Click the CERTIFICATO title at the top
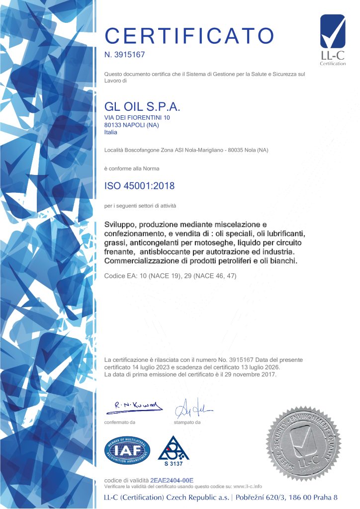189,35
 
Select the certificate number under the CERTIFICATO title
124,54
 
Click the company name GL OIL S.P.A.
142,107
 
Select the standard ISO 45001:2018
139,186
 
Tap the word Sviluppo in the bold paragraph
121,224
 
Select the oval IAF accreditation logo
127,451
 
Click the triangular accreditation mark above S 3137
174,448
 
